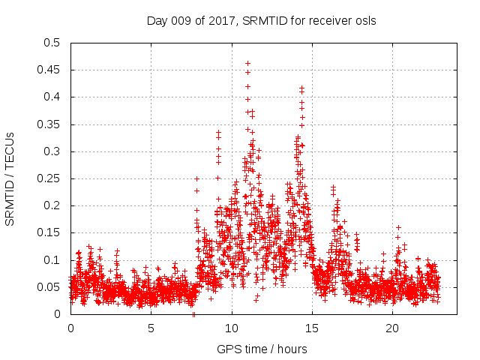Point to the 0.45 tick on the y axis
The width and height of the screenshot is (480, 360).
click(x=51, y=70)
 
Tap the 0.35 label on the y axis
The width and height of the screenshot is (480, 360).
click(x=51, y=124)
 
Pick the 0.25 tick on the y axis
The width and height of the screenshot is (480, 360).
click(x=51, y=178)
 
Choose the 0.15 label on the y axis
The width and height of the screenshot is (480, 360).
click(x=51, y=233)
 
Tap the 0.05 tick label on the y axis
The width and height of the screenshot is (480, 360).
click(x=51, y=287)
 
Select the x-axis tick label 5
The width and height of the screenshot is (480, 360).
click(x=151, y=328)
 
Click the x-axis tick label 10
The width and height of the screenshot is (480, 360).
click(x=232, y=328)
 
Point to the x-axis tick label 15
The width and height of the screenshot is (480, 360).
click(x=312, y=328)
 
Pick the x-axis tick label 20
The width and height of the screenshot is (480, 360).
click(x=392, y=328)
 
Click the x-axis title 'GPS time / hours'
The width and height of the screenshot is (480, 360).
click(x=262, y=349)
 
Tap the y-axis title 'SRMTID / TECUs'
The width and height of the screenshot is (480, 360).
click(x=10, y=178)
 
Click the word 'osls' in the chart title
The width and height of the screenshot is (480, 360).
click(x=365, y=21)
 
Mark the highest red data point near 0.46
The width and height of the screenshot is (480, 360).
click(x=247, y=64)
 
